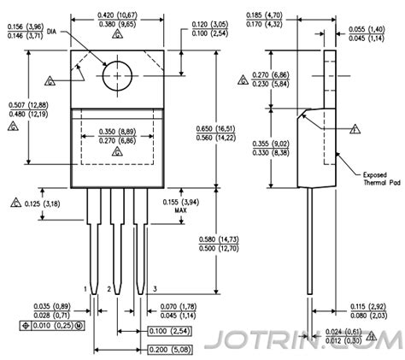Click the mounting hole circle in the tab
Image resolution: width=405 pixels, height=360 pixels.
click(x=117, y=75)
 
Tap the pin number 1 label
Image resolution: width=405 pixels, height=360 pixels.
click(x=85, y=290)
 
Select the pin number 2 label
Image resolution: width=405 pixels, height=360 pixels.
click(x=109, y=290)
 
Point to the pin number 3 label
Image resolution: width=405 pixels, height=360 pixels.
click(x=153, y=290)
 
